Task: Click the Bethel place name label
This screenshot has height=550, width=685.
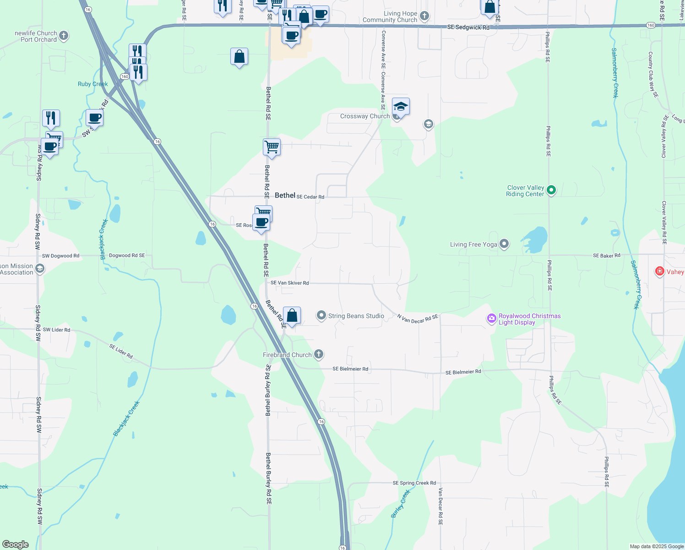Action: click(285, 195)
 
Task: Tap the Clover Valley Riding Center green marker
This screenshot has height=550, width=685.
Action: click(551, 190)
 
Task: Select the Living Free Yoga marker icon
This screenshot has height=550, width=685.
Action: click(504, 244)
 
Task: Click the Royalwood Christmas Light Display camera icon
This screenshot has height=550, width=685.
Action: click(491, 319)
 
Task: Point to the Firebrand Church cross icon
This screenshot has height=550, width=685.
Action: click(319, 354)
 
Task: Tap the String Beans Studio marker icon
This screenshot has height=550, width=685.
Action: click(321, 315)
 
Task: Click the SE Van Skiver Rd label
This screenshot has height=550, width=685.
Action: click(289, 283)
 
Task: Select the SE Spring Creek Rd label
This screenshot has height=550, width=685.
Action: click(414, 483)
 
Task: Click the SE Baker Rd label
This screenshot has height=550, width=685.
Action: click(606, 256)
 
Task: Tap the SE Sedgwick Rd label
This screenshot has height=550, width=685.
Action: click(468, 27)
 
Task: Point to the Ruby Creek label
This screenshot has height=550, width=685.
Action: click(92, 84)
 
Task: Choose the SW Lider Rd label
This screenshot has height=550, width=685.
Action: click(56, 330)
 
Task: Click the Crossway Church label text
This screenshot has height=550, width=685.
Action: click(364, 116)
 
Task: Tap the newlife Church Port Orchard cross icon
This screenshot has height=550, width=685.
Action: click(64, 35)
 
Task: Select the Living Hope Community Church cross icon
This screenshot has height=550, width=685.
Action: click(424, 16)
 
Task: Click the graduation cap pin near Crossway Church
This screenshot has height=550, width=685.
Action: click(401, 107)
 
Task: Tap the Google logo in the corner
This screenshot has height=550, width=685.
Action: click(15, 544)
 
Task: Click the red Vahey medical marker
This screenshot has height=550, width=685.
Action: click(659, 271)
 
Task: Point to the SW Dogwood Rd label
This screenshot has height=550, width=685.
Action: click(60, 256)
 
